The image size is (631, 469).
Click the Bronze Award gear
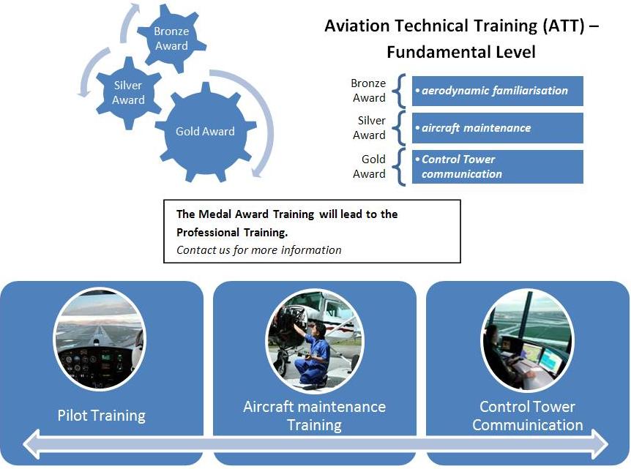[x=171, y=39]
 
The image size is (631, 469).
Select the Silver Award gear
[x=128, y=93]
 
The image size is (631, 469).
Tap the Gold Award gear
[x=206, y=132]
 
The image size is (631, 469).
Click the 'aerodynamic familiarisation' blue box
[x=497, y=91]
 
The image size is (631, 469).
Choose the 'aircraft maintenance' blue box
[x=497, y=128]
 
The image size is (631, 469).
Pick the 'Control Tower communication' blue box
[x=497, y=167]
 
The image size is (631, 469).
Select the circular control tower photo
[x=527, y=340]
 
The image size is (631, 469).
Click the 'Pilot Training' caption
[x=102, y=416]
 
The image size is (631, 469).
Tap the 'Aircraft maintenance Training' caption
[x=314, y=416]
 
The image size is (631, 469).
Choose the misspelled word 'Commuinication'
[x=528, y=425]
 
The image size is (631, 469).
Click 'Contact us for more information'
[x=258, y=250]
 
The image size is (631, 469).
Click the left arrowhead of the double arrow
[x=32, y=444]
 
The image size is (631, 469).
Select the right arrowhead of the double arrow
[x=600, y=444]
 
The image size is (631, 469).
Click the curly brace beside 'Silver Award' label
[x=399, y=128]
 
